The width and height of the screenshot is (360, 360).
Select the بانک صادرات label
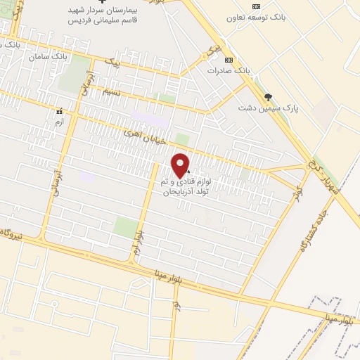coord(229,70)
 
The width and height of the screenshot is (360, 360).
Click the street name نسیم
coord(111,92)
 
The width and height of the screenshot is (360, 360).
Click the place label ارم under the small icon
coord(59,122)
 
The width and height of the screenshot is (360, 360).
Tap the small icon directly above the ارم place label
coord(59,110)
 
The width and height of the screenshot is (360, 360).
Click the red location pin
coord(181,165)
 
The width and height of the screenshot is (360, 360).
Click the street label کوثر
coord(302,192)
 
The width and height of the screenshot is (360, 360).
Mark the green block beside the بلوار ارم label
coord(126,226)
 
